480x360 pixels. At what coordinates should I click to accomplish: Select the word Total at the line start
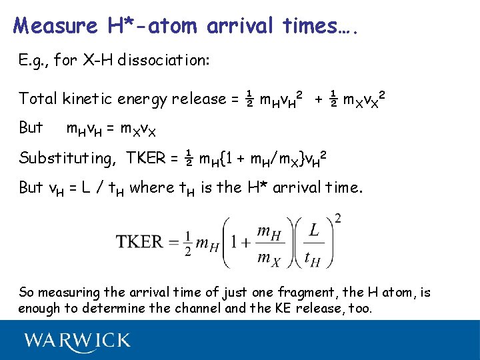[x=38, y=99]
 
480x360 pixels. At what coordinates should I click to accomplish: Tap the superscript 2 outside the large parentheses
[x=339, y=218]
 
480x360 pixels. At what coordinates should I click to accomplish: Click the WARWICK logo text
[x=77, y=341]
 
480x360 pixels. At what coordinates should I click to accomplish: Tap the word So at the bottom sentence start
[x=27, y=292]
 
